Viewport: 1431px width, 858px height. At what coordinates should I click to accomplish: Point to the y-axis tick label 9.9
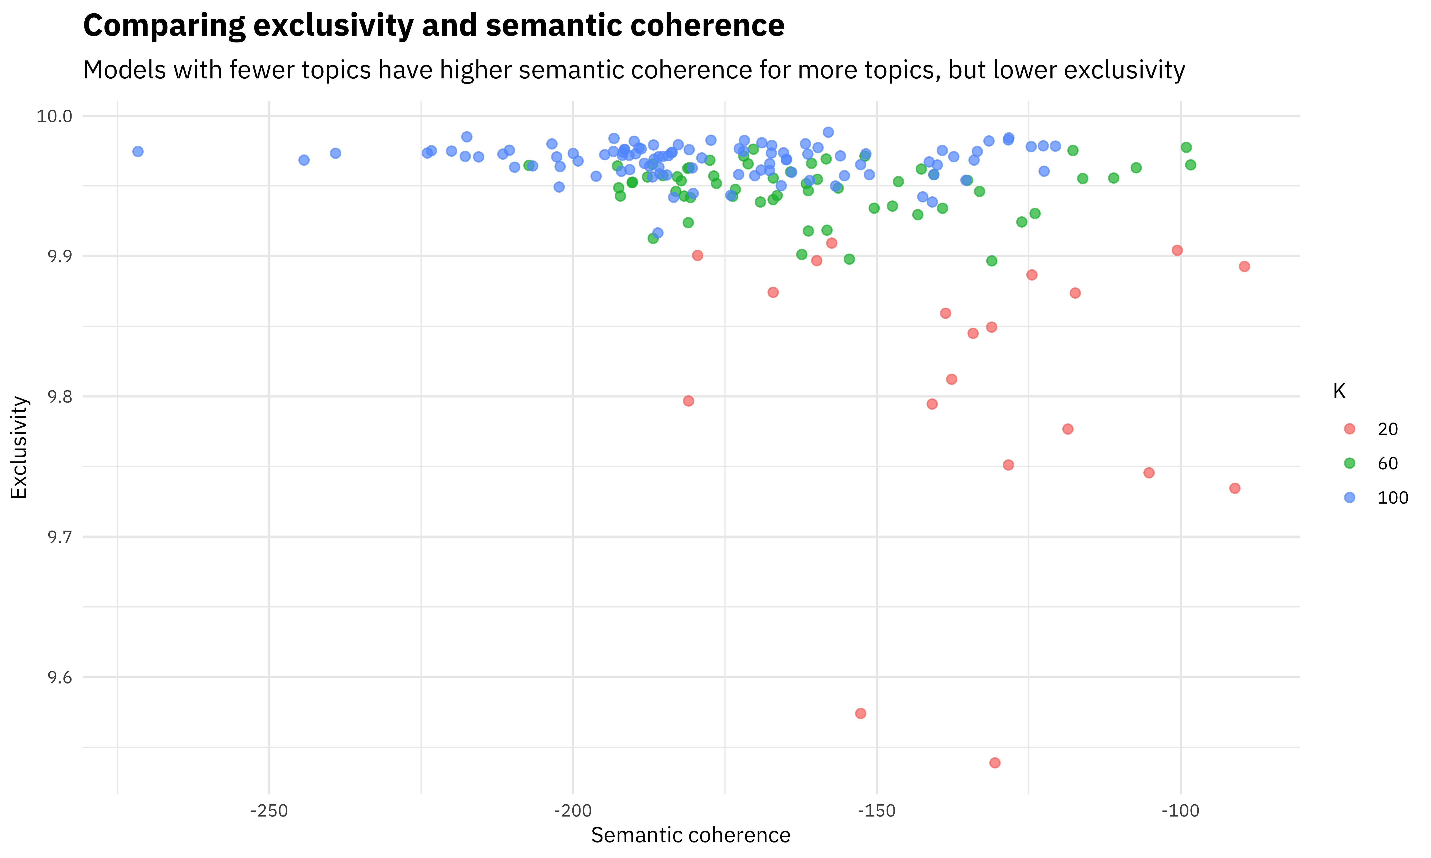coord(60,256)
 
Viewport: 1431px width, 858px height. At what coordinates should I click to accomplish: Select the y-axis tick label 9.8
coord(60,397)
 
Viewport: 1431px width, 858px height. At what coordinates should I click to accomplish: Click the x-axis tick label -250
coord(269,811)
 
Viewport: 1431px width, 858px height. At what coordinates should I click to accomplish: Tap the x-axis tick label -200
coord(573,811)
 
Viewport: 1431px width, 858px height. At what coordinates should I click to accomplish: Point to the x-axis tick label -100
coord(1180,811)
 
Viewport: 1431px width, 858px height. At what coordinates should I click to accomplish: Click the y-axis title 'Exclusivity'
coord(19,447)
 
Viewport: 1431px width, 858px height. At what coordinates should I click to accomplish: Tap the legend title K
coord(1339,391)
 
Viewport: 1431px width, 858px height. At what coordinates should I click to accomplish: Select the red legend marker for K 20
coord(1349,429)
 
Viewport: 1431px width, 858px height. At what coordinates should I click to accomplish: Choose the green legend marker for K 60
coord(1349,463)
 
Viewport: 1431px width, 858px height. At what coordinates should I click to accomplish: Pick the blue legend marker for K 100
coord(1349,497)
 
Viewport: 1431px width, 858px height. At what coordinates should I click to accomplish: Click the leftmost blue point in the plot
coord(138,152)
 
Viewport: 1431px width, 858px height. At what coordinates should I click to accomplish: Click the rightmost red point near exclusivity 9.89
coord(1244,266)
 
